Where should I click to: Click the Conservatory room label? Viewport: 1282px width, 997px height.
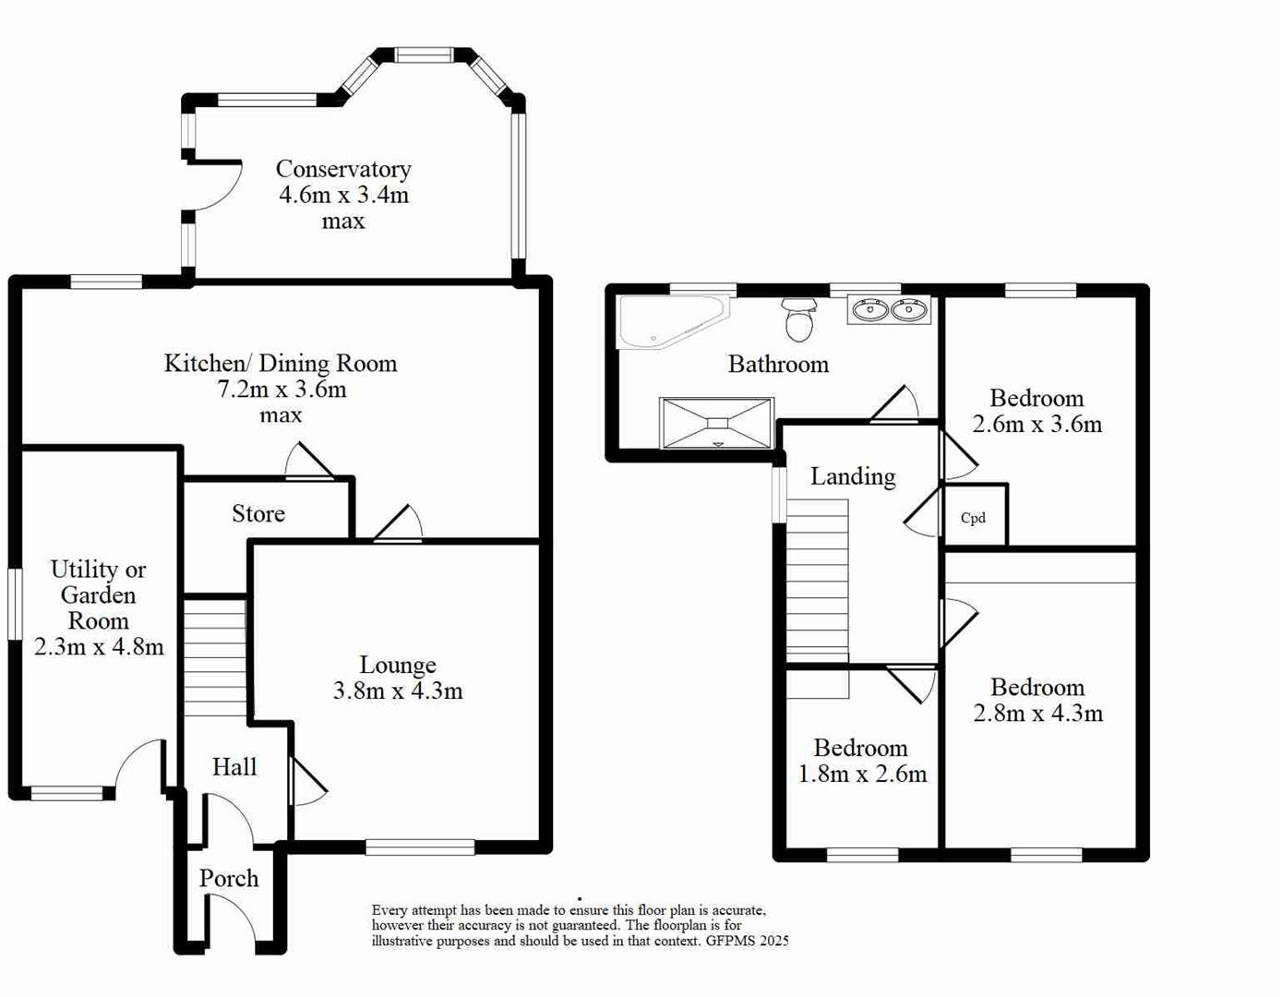tap(342, 169)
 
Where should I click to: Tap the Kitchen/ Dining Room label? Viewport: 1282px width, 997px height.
tap(280, 363)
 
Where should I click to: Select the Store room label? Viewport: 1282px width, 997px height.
tap(258, 513)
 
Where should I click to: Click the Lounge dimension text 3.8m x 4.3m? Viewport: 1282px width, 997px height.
tap(398, 691)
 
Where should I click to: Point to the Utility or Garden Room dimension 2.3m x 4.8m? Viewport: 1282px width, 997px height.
tap(99, 646)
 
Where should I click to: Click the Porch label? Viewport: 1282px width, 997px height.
tap(229, 878)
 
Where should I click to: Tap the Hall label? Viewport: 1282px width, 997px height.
tap(234, 766)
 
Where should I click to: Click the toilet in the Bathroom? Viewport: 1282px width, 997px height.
tap(799, 319)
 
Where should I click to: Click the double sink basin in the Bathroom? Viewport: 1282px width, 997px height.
tap(889, 310)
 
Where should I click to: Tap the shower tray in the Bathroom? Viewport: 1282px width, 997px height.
tap(717, 423)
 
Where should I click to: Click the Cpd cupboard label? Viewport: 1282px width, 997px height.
tap(973, 518)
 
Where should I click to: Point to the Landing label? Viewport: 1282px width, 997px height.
tap(853, 476)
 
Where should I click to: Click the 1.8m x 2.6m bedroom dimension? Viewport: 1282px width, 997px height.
tap(862, 774)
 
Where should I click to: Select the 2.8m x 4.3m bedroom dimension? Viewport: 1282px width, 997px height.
tap(1037, 713)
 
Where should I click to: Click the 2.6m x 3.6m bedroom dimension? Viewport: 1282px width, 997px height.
tap(1036, 424)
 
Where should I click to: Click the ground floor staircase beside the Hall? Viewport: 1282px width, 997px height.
tap(215, 657)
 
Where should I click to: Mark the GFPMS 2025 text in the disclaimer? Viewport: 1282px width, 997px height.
tap(748, 942)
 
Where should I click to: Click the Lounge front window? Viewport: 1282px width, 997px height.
tap(420, 847)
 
